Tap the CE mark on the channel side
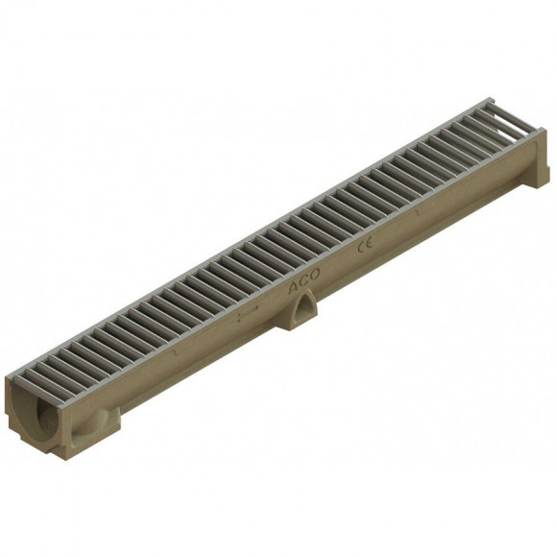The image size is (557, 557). click(x=366, y=247)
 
